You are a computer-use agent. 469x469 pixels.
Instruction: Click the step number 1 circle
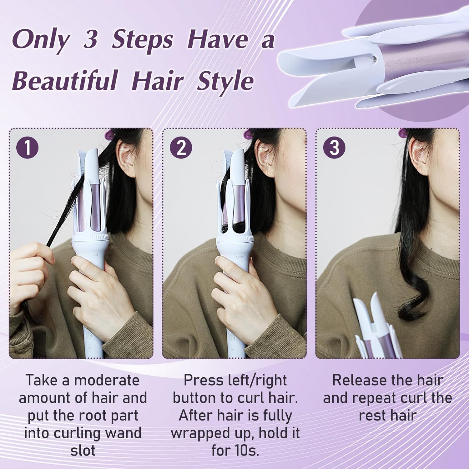(28, 147)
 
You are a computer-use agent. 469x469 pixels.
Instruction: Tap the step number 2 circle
(181, 147)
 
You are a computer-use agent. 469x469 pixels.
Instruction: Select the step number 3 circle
(334, 147)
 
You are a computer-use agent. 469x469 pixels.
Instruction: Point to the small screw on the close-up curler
(376, 57)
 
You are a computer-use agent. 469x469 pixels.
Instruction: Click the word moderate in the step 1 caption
(107, 380)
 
